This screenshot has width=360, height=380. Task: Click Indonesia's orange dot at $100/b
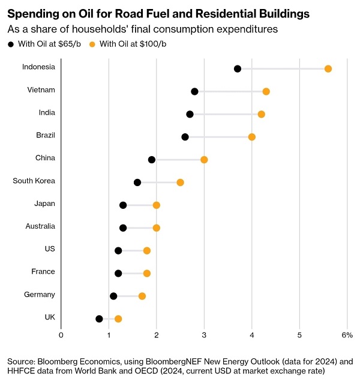point(328,69)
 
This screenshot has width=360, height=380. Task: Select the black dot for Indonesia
point(238,69)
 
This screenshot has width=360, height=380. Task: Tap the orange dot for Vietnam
point(266,91)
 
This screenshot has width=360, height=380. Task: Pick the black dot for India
point(190,114)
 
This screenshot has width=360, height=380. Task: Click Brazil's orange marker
point(251,137)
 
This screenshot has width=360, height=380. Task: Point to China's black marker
point(152,160)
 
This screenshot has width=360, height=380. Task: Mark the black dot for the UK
point(99,319)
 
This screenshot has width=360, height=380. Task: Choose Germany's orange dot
point(142,296)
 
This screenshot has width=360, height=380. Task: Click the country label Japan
point(44,204)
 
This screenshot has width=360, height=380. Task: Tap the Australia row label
point(40,226)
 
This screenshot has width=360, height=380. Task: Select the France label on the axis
point(43,271)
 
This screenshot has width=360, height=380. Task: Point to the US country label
point(49,249)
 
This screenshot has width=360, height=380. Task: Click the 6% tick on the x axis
point(347,334)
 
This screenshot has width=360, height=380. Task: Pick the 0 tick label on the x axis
point(61,334)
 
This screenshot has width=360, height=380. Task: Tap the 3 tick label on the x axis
point(204,334)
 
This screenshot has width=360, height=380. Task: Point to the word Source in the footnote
point(21,361)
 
